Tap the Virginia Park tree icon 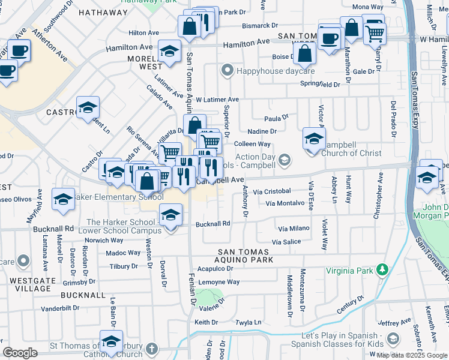[x=381, y=270]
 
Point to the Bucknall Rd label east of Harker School [x=213, y=224]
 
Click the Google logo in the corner [x=20, y=352]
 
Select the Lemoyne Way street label [x=219, y=282]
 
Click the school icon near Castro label [x=88, y=108]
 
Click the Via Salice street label [x=286, y=242]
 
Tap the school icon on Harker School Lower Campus [x=170, y=214]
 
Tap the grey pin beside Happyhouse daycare [x=227, y=71]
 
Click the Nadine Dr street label [x=262, y=131]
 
